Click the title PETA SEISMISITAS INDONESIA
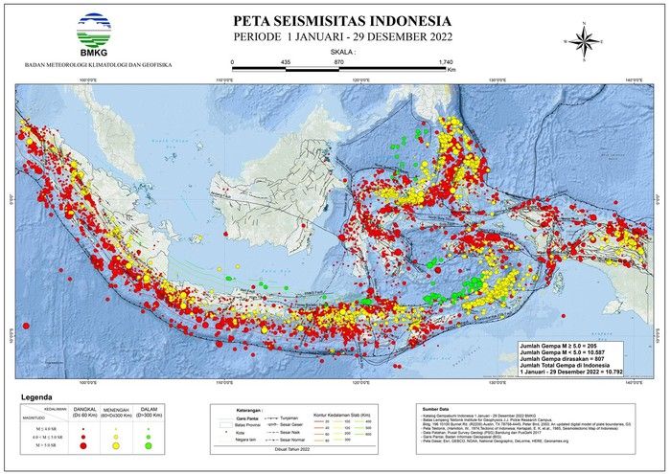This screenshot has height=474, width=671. (342, 20)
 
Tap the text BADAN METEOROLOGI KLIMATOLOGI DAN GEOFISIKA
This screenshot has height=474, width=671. (97, 65)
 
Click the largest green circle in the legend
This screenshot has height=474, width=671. (148, 445)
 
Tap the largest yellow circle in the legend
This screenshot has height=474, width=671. (116, 445)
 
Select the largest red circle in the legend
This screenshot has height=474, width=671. (83, 445)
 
